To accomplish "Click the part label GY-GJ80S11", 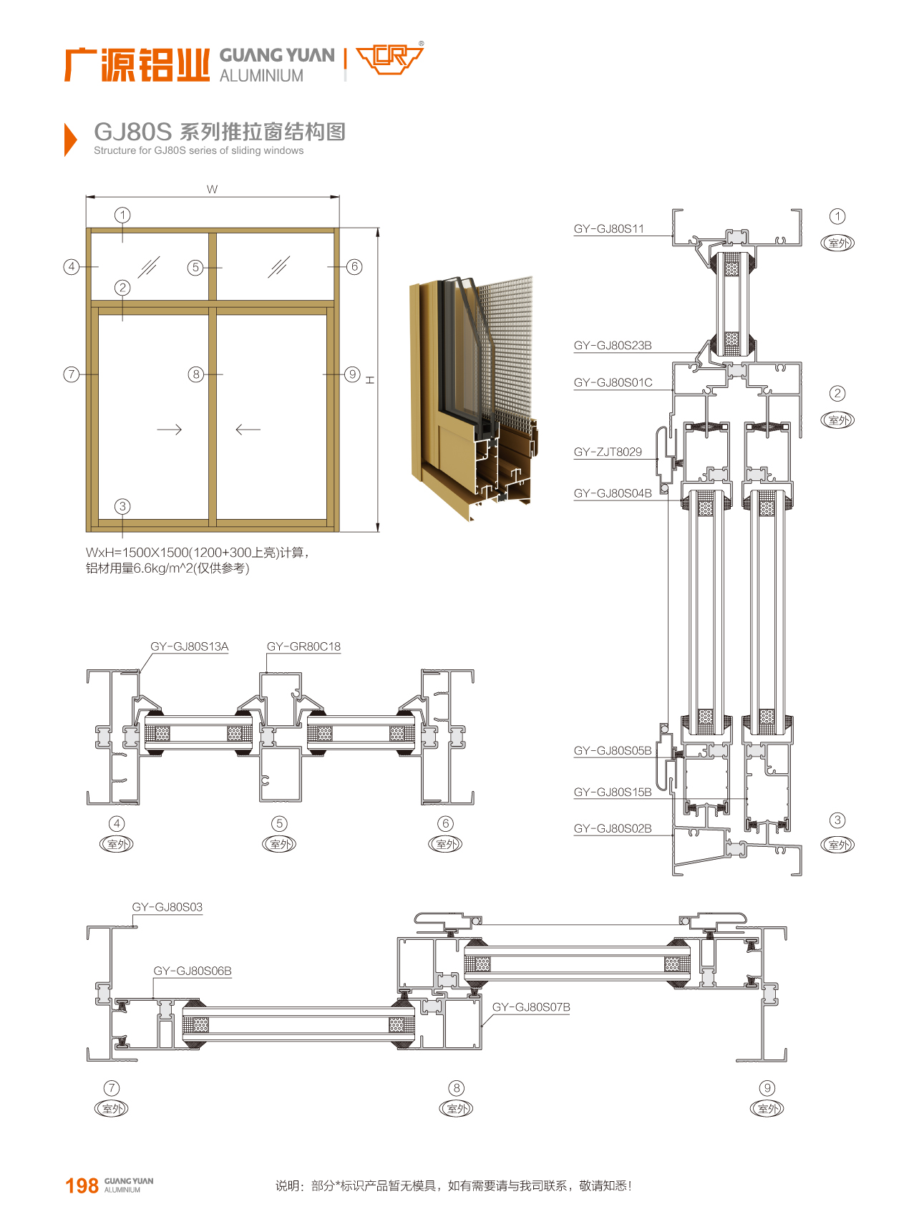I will coord(608,229).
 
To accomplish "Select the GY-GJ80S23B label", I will coord(612,346).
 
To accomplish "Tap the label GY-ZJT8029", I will coord(607,452).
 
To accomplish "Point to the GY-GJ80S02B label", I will coord(612,829).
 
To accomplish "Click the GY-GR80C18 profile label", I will coord(303,647).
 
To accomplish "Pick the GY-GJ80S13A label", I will coord(189,647).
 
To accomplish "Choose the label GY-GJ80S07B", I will coord(531,1007).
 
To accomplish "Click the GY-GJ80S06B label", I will coord(193,971).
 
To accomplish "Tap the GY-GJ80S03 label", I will coord(167,908).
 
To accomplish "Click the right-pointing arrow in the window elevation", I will coord(170,430).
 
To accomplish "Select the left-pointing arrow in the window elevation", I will coord(248,430).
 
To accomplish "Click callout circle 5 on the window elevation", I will coord(195,268).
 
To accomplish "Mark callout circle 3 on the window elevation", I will coord(122,506).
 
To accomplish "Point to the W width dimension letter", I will coord(212,189).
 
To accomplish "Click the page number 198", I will coord(82,1186).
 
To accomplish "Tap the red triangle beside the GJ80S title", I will coord(69,139).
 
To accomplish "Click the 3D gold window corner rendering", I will coord(472,394).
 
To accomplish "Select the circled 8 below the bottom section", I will coord(457,1088).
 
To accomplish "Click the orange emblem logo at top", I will coord(390,59).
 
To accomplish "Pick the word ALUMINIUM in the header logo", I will coord(261,76).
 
